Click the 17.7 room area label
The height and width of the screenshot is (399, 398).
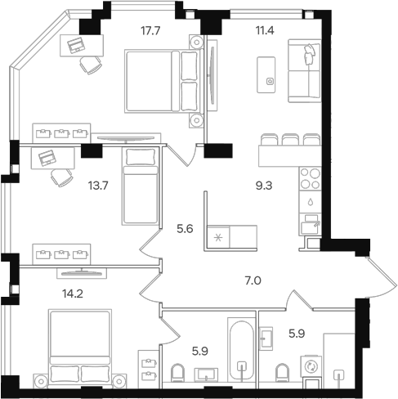tap(150, 31)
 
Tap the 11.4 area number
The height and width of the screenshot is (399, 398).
tap(265, 30)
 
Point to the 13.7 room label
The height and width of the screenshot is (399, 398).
tap(98, 186)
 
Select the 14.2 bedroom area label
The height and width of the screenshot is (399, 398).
tap(73, 294)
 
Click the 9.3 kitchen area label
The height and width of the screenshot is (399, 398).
tap(264, 186)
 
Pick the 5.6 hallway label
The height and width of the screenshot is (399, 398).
tap(185, 229)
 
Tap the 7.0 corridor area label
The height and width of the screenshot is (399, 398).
tap(253, 280)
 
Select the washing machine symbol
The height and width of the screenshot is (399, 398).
tap(311, 366)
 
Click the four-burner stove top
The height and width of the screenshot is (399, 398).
tap(311, 178)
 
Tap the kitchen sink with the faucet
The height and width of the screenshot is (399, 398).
tap(311, 224)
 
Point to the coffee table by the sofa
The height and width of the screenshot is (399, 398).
tap(266, 74)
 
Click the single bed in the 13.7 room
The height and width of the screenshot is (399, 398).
tap(141, 186)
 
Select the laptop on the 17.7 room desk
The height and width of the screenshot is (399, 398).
tap(76, 45)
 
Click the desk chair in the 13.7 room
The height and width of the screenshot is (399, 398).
tap(62, 177)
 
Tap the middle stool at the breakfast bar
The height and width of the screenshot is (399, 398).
tap(290, 139)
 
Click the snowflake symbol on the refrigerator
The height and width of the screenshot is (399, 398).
tap(218, 238)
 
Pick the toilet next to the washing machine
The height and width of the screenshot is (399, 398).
tap(282, 373)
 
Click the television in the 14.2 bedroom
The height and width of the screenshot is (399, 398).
tap(82, 273)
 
